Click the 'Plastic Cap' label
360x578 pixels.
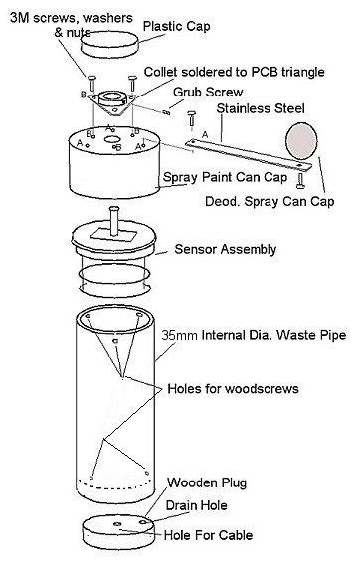click(176, 26)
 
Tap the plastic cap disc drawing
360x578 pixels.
click(109, 45)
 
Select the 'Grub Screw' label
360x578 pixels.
click(208, 92)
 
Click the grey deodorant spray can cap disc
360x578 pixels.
click(301, 141)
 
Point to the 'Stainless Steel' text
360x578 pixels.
click(261, 108)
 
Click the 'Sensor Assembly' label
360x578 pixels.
click(225, 249)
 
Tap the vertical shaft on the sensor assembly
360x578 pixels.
click(114, 221)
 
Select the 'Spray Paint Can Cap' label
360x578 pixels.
click(225, 177)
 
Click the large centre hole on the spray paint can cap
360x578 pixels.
click(113, 139)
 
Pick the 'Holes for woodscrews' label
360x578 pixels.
click(233, 389)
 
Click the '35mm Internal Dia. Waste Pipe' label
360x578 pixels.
click(254, 335)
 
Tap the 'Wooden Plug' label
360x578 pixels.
click(207, 482)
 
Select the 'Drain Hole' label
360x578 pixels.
click(196, 505)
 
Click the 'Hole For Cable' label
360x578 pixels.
click(208, 535)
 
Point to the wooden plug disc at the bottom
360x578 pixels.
click(118, 532)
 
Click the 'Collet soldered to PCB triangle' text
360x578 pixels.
click(235, 72)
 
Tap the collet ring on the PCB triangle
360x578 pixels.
click(112, 98)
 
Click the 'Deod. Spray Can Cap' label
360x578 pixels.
click(270, 201)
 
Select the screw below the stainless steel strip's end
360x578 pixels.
click(300, 180)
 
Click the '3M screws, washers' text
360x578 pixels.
click(72, 18)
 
